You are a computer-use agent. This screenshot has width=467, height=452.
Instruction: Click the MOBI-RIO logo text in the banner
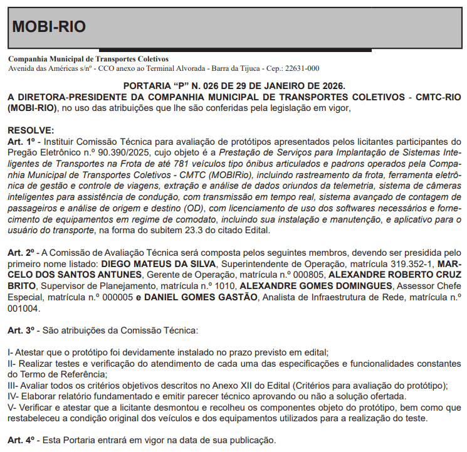[49, 27]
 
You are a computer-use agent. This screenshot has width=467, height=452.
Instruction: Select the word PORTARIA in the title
[146, 85]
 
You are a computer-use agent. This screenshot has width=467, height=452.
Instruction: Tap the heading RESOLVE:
[31, 130]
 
